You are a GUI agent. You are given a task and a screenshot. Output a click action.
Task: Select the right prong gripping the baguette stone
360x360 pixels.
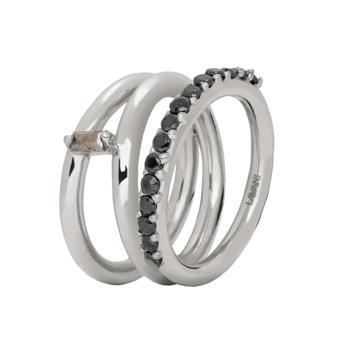tap(106, 140)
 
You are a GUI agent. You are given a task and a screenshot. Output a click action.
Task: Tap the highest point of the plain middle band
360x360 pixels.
tap(168, 73)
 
